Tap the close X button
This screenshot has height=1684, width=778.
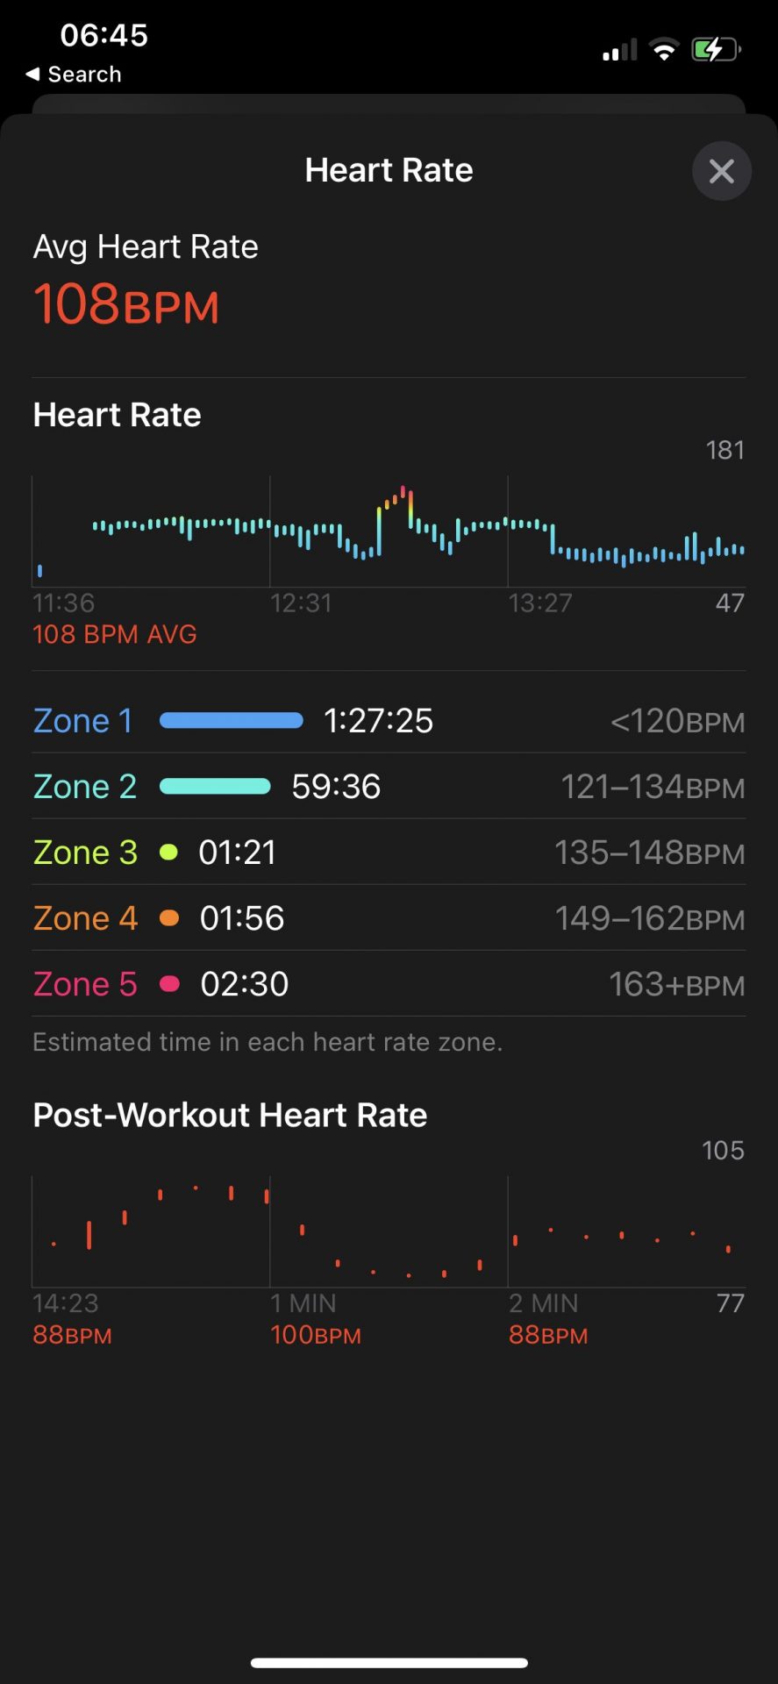pos(721,171)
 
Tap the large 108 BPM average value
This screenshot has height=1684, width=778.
pos(126,304)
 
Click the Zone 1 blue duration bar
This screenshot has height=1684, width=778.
pos(232,721)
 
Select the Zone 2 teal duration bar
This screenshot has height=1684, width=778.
pos(215,787)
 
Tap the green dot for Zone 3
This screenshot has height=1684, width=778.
pos(169,853)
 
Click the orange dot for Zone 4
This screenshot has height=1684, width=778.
pos(169,918)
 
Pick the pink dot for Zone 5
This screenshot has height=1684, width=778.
pos(169,984)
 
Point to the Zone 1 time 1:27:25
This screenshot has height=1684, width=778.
pos(378,721)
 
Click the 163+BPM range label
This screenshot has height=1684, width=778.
pos(676,985)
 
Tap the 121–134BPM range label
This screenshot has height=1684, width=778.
pos(653,788)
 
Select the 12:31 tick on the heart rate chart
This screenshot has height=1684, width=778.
pos(301,603)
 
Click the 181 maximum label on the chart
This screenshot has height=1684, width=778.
pos(724,450)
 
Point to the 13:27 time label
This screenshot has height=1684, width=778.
pos(539,603)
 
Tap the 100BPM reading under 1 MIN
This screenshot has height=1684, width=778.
pos(316,1335)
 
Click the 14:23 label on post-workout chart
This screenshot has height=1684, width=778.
pos(65,1303)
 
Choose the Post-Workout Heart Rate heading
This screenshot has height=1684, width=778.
pos(230,1115)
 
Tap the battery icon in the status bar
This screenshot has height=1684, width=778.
pos(716,50)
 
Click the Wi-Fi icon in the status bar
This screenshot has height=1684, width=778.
pos(664,50)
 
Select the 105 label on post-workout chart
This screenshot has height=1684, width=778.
pos(723,1151)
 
